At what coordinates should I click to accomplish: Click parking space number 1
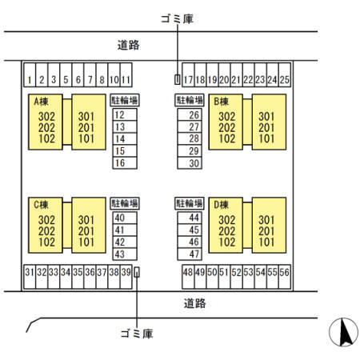point(30,75)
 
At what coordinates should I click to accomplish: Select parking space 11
point(126,75)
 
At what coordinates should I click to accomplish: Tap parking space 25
point(285,75)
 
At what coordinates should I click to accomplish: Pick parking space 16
point(125,163)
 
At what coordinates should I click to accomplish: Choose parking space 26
point(190,114)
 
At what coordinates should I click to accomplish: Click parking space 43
point(125,254)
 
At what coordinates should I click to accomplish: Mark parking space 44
point(190,218)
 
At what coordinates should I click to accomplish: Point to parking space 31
point(30,277)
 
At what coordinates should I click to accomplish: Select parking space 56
point(285,277)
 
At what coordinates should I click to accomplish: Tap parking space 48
point(188,277)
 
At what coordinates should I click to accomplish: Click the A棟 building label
point(42,102)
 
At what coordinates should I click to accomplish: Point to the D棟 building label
point(222,205)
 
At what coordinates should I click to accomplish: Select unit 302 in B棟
point(227,117)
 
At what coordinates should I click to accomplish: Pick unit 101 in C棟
point(86,242)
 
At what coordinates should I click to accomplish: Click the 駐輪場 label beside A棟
point(125,100)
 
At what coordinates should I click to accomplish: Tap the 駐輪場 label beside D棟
point(190,203)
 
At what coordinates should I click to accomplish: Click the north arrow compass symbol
point(343,332)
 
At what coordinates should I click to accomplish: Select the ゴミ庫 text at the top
point(177,19)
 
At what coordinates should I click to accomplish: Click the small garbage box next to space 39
point(137,273)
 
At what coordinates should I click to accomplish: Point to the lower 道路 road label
point(194,303)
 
